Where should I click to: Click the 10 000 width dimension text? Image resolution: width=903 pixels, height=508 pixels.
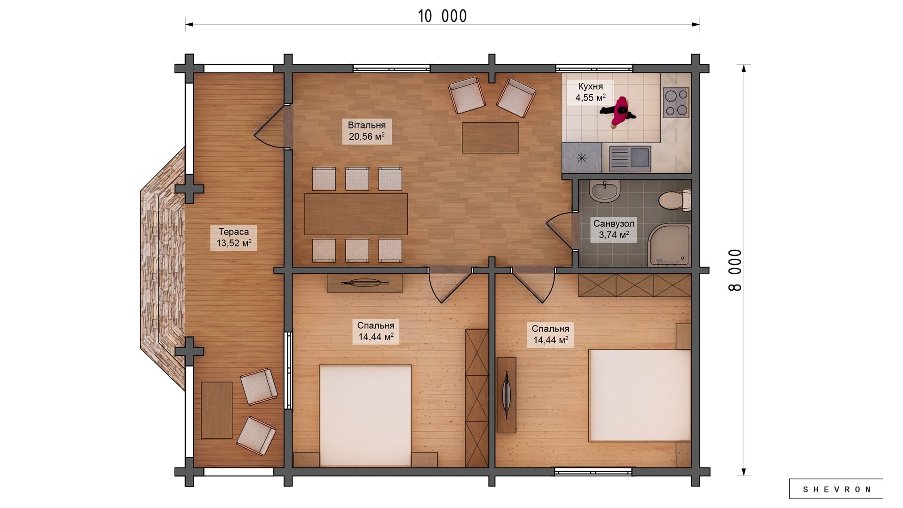[x=442, y=16]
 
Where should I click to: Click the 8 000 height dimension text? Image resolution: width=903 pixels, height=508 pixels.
[x=735, y=270]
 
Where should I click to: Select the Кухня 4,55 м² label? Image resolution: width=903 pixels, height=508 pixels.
[x=590, y=92]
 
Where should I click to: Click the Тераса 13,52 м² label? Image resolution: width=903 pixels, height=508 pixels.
[x=234, y=238]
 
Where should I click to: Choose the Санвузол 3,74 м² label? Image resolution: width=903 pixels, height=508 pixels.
[x=614, y=230]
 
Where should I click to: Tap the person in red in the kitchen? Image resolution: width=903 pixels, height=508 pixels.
[x=618, y=112]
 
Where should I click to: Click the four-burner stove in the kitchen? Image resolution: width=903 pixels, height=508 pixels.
[x=676, y=102]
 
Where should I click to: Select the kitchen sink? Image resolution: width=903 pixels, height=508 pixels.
[x=630, y=158]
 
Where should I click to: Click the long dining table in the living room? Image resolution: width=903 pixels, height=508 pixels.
[x=356, y=214]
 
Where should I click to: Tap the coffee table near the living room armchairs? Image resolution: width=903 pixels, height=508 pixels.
[x=490, y=137]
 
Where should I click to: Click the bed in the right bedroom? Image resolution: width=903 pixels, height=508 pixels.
[x=640, y=395]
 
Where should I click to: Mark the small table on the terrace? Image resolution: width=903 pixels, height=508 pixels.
[x=216, y=410]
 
